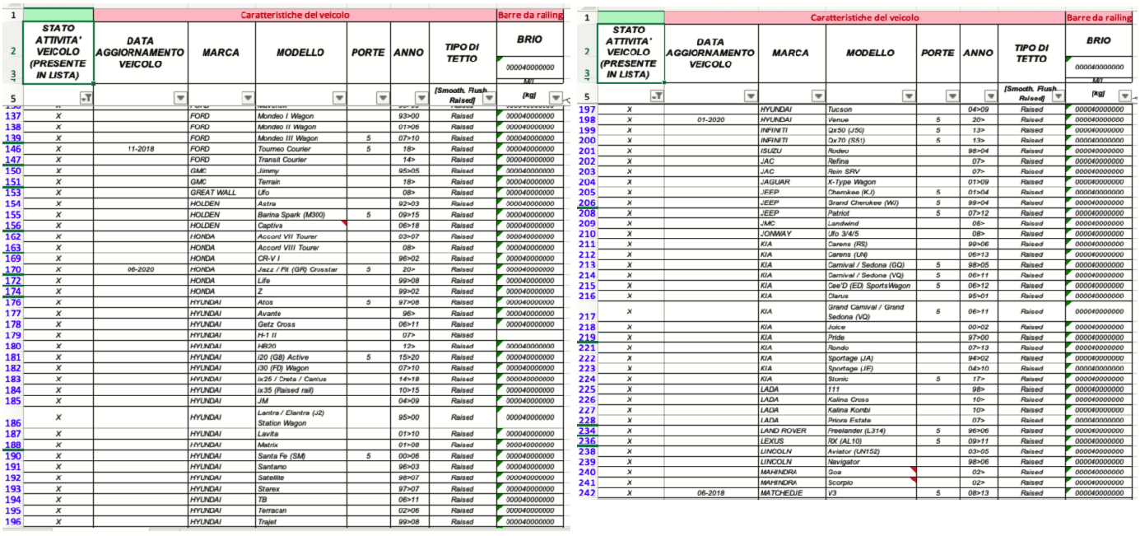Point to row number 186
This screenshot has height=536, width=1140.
click(x=12, y=422)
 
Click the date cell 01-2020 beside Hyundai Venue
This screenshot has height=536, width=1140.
click(x=709, y=120)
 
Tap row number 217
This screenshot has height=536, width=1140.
click(x=587, y=316)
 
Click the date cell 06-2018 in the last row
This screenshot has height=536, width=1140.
click(x=709, y=493)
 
